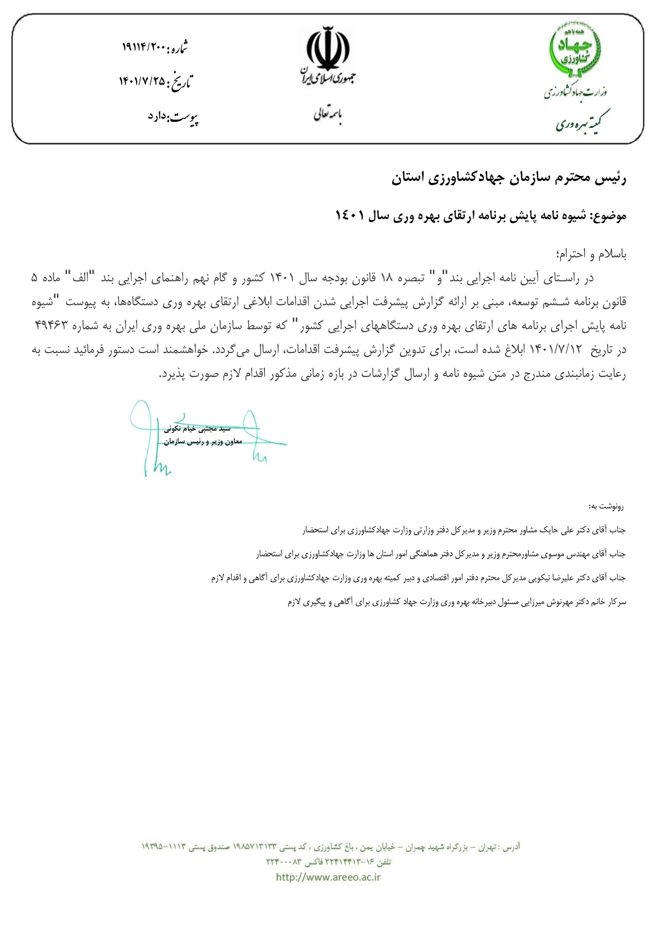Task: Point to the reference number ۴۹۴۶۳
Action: click(x=51, y=325)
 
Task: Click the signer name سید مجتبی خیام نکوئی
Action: click(x=197, y=428)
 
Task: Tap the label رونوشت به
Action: click(x=606, y=506)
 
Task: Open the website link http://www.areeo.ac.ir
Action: click(x=328, y=877)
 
